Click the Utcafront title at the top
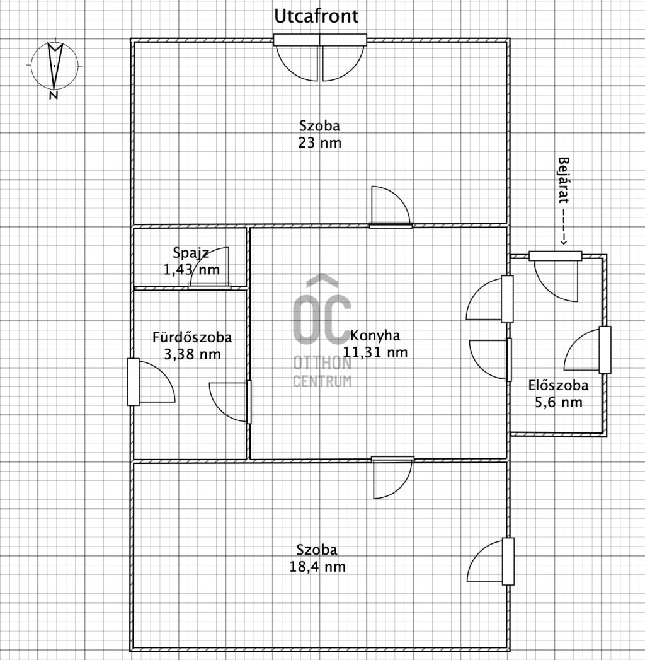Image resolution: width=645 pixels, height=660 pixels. pos(316,16)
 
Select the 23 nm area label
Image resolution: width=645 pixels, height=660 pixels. pos(319,142)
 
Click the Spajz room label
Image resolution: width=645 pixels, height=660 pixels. pos(191,253)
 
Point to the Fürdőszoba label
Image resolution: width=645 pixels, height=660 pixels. pos(191,337)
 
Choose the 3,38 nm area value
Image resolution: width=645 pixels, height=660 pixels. pos(192,354)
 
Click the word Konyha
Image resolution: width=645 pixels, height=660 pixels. pos(375,335)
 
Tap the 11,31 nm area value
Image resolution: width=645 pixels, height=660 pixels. pos(375,352)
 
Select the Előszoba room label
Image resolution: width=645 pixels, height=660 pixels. pos(558,385)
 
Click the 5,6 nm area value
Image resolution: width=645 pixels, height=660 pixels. pos(558,402)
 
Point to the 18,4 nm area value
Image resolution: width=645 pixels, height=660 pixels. pos(317,567)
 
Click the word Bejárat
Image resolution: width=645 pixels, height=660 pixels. pos(563,180)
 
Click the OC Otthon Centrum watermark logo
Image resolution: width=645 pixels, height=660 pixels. pos(322,330)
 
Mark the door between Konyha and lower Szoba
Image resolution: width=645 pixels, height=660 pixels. pos(392,478)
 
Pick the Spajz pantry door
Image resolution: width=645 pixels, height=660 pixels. pos(210,268)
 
